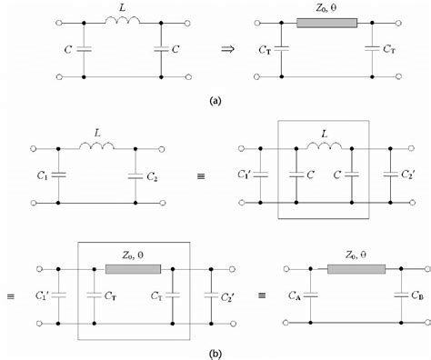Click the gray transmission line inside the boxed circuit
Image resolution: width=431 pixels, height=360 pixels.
[x=134, y=269]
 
